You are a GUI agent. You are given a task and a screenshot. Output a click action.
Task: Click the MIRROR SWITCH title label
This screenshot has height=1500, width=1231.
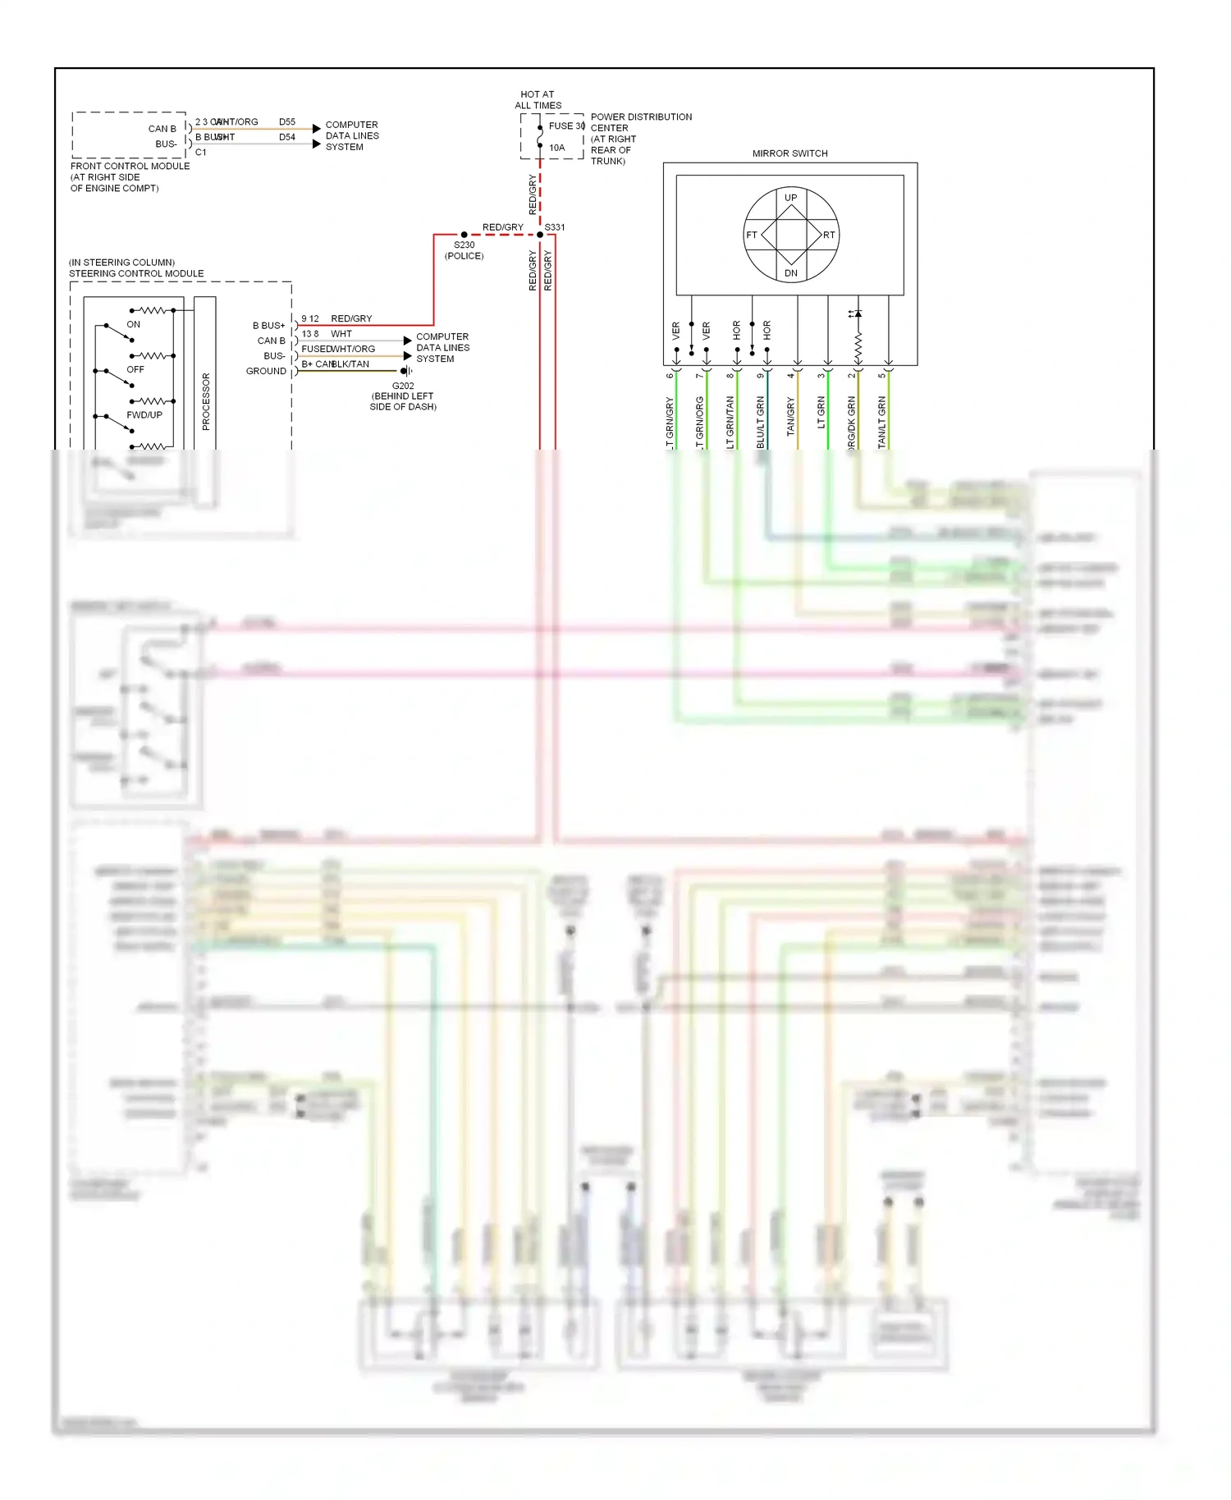tap(789, 153)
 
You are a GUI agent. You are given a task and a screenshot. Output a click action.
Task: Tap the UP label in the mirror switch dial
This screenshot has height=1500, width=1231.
tap(790, 198)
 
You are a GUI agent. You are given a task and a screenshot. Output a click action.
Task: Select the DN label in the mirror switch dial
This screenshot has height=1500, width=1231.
tap(790, 273)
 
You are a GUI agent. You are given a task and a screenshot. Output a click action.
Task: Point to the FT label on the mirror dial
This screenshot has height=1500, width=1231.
tap(752, 236)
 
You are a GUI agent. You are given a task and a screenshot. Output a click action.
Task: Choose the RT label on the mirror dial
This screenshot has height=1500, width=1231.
tap(829, 236)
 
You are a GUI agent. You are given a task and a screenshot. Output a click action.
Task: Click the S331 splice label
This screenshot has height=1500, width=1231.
tap(555, 227)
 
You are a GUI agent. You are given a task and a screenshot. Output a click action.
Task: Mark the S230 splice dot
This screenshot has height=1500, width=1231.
tap(464, 235)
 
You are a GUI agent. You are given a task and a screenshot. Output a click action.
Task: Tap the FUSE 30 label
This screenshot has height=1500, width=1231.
tap(566, 126)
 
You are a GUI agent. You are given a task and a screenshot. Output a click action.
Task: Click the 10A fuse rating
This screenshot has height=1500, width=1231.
tap(557, 149)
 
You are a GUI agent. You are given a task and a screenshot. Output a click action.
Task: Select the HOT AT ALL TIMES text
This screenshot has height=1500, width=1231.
tap(538, 100)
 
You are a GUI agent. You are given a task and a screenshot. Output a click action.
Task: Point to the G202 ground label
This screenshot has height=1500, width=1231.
tap(403, 386)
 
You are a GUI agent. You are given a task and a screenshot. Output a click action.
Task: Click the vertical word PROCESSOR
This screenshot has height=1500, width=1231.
tap(206, 401)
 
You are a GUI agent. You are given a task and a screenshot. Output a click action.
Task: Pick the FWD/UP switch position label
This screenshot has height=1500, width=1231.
tap(144, 415)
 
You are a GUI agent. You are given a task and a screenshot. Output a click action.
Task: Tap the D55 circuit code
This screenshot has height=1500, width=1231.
tap(287, 122)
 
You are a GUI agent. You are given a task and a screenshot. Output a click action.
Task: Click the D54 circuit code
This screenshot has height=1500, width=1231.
tap(287, 138)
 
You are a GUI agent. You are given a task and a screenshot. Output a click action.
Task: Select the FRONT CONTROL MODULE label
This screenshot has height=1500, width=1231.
tap(130, 167)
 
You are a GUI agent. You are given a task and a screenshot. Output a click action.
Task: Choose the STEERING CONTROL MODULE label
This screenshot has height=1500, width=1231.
tap(136, 274)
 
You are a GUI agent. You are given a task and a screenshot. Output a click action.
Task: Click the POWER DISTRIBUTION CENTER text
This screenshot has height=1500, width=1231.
tap(641, 122)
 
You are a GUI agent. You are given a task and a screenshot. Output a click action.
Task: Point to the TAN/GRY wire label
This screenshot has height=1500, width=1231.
tap(791, 416)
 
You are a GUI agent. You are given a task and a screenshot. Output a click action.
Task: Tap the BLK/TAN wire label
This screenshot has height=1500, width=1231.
tap(350, 364)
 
